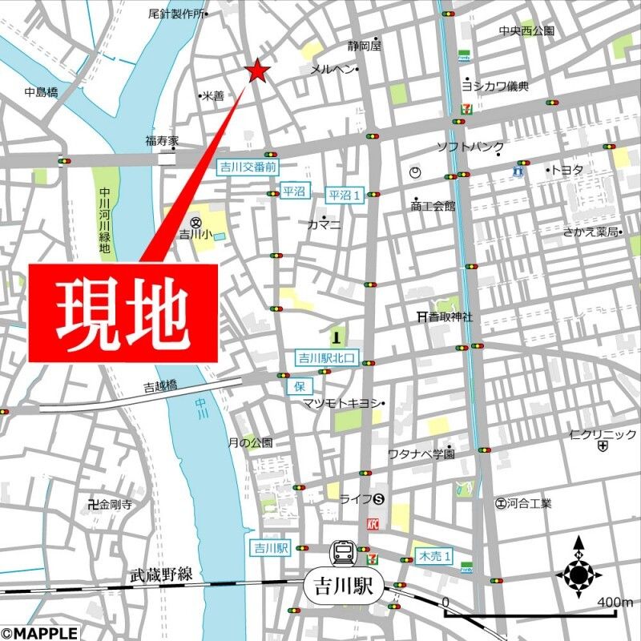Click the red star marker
click(257, 71)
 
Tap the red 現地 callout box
click(124, 312)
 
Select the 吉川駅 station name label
click(344, 586)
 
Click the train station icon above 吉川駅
click(344, 552)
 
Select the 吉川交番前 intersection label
click(248, 167)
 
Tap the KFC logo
click(372, 523)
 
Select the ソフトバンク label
click(470, 147)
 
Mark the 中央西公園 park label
click(526, 31)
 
